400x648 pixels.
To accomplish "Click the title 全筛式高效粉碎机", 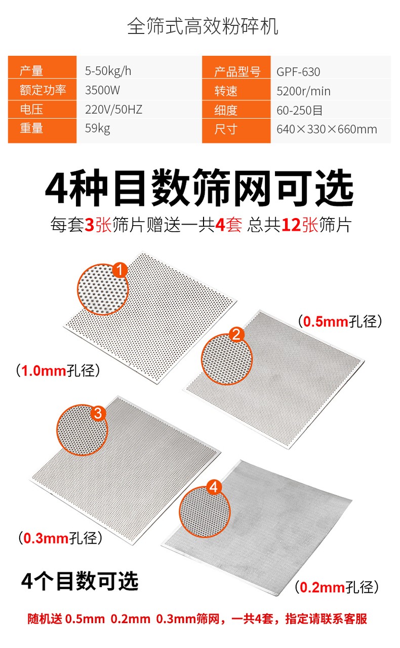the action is pyautogui.click(x=203, y=26).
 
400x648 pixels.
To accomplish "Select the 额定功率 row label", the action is pyautogui.click(x=43, y=90).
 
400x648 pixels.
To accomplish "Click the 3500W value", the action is pyautogui.click(x=102, y=90).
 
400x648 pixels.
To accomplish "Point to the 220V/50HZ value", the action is pyautogui.click(x=113, y=110).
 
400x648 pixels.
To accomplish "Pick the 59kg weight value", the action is pyautogui.click(x=97, y=128).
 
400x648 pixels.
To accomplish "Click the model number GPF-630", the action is pyautogui.click(x=298, y=71).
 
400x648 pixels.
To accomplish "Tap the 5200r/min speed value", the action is pyautogui.click(x=303, y=91).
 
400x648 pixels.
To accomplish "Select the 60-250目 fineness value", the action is pyautogui.click(x=299, y=110).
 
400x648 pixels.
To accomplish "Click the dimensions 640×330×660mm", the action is pyautogui.click(x=327, y=129).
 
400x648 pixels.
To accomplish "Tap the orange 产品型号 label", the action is pyautogui.click(x=237, y=71).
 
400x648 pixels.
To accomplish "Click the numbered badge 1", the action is pyautogui.click(x=119, y=270).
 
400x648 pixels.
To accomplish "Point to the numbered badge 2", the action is pyautogui.click(x=236, y=335).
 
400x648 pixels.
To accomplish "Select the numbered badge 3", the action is pyautogui.click(x=98, y=413).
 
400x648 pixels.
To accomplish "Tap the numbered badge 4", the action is pyautogui.click(x=214, y=487).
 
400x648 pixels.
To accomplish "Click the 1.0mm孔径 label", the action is pyautogui.click(x=58, y=371).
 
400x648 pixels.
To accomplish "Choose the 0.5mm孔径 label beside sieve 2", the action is pyautogui.click(x=340, y=321).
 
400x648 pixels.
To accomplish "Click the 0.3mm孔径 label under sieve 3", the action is pyautogui.click(x=60, y=538).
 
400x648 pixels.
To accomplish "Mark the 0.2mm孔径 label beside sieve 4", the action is pyautogui.click(x=337, y=587).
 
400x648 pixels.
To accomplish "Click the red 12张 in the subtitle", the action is pyautogui.click(x=300, y=225).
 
